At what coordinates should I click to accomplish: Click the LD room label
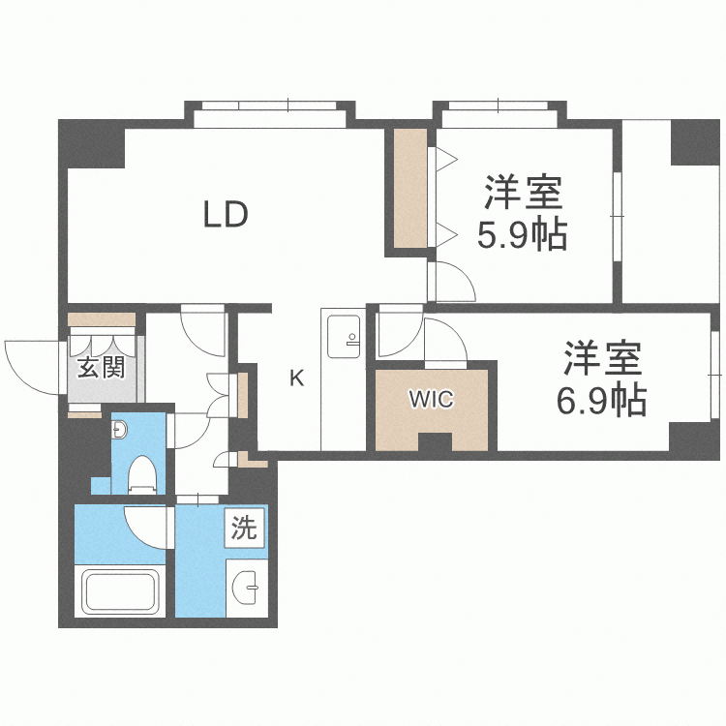tap(227, 215)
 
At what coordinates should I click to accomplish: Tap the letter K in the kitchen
tap(297, 378)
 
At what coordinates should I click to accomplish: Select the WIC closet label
tap(432, 399)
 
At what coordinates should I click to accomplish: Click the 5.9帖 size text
tap(523, 234)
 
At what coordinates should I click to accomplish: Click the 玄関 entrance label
tap(100, 368)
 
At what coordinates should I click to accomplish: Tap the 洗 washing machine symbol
tap(244, 529)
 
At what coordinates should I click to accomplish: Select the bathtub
tap(118, 591)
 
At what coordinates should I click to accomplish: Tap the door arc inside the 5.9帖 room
tap(451, 281)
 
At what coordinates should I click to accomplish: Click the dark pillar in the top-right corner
tap(693, 141)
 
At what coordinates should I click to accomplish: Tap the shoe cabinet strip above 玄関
tap(102, 318)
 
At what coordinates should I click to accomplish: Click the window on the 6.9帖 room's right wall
tap(715, 368)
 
